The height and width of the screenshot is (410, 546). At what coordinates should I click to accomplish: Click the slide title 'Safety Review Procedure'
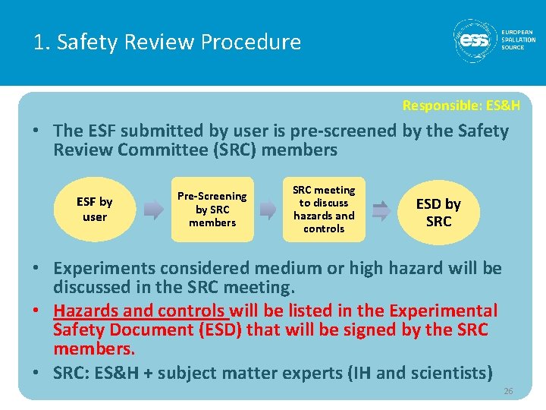pos(167,42)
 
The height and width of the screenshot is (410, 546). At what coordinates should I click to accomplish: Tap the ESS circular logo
pos(475,41)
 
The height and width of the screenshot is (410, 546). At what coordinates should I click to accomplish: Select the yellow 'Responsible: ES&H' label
pos(461,106)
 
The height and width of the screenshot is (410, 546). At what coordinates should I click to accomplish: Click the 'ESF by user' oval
pos(95,209)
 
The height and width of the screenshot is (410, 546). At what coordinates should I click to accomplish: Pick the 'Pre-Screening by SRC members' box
pos(212,209)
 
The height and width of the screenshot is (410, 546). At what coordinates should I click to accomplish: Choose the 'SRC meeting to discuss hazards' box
pos(324,209)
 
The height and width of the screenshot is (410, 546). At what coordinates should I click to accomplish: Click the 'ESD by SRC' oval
pos(438,212)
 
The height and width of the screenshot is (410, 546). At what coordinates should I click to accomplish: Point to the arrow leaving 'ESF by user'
pos(154,210)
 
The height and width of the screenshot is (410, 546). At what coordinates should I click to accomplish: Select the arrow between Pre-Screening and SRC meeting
pos(268,210)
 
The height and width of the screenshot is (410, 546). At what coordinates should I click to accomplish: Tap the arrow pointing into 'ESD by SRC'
pos(382,210)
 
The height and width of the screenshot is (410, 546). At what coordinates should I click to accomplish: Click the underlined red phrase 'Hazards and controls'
pos(140,311)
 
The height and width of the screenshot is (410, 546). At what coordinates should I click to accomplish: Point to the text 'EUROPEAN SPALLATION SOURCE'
pos(518,39)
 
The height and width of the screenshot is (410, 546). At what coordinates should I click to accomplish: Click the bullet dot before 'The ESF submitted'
pos(38,131)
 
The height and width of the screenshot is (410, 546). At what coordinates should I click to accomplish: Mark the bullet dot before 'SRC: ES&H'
pos(38,373)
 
